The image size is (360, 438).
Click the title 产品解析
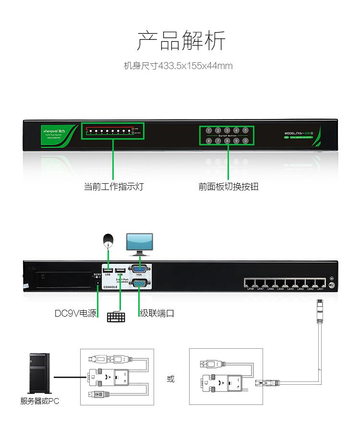(180, 41)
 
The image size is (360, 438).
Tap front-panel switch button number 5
(245, 130)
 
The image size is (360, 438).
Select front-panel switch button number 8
(227, 141)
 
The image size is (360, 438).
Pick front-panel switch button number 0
(245, 141)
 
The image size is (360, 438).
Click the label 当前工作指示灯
(114, 187)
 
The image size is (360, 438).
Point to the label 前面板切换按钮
(228, 187)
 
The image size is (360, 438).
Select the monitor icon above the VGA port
(139, 244)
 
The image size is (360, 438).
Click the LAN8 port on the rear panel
(250, 283)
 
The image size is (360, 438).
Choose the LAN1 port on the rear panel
(320, 283)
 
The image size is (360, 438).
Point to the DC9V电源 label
(75, 314)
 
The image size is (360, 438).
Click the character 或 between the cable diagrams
(171, 379)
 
